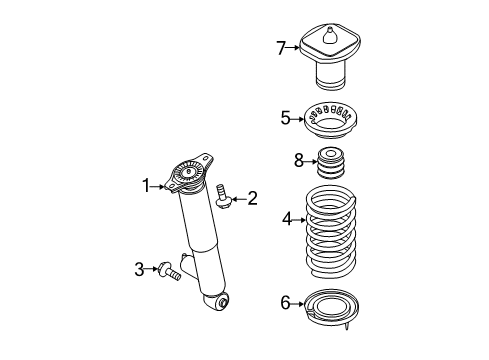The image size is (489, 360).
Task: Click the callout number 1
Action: [x=146, y=186]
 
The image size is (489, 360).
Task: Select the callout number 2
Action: [x=252, y=198]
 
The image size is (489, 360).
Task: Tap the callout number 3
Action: [x=139, y=269]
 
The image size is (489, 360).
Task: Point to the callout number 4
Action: [x=287, y=219]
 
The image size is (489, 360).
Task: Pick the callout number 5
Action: [x=286, y=118]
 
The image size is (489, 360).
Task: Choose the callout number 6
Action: [x=286, y=303]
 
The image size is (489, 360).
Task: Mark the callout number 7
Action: [x=281, y=48]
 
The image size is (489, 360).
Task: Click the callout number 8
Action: [x=299, y=161]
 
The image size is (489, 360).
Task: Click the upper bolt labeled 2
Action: [x=222, y=196]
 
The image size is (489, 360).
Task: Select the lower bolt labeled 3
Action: [x=170, y=271]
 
